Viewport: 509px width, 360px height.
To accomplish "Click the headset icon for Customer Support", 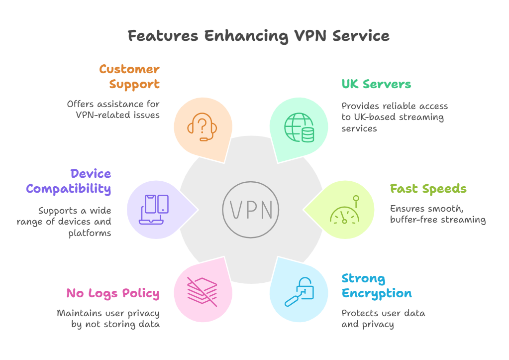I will point(202,126).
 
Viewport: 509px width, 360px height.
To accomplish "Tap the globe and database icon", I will point(299,127).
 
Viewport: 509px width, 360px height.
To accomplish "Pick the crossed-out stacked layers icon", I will point(202,291).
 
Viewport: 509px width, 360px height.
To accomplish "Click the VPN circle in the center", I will point(247,210).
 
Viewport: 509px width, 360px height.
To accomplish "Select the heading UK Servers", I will point(376,84).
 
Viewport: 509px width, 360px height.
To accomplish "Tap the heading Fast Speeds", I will point(428,189).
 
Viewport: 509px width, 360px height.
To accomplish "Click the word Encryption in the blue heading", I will point(377,293).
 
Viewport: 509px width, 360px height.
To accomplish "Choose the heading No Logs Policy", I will point(113,293).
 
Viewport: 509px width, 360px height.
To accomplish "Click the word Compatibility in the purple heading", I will point(69,189).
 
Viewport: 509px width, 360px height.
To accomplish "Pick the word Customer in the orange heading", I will point(129,69).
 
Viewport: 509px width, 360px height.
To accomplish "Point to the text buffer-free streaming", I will point(438,220).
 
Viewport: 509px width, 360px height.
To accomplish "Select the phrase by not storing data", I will point(115,324).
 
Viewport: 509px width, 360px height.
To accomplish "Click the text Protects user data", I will point(383,313).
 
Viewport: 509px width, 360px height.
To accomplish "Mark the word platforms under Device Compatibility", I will point(90,233).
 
